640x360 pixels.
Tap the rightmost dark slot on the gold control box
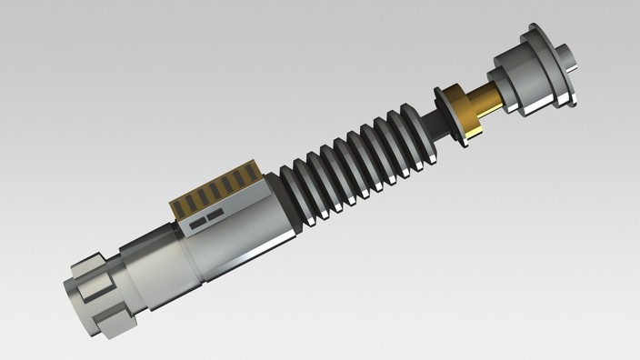click(x=255, y=174)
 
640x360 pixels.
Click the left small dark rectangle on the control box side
click(x=195, y=224)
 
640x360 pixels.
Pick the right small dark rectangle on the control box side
click(x=215, y=217)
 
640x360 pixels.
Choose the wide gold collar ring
click(x=459, y=113)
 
